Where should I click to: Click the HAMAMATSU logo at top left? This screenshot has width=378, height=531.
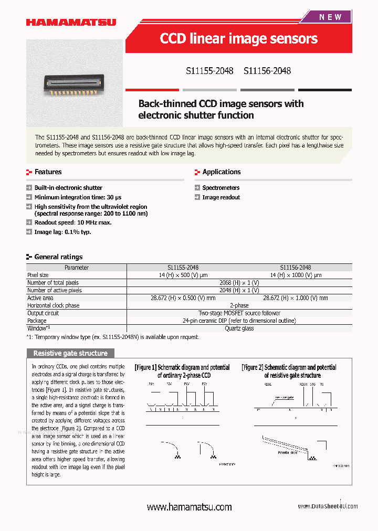click(x=71, y=22)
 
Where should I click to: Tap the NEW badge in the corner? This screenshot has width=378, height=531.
click(x=330, y=17)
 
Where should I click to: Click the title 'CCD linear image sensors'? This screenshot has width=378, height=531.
click(x=238, y=39)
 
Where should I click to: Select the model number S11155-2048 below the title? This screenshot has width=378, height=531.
click(x=209, y=71)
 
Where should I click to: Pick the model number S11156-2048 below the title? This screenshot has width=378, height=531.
click(x=267, y=71)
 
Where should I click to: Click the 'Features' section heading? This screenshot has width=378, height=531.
click(x=48, y=172)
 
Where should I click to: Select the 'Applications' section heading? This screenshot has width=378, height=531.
click(x=221, y=172)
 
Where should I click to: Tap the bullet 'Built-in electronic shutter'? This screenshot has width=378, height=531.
click(x=68, y=188)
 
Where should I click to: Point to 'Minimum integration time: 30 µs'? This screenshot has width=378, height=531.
click(x=78, y=197)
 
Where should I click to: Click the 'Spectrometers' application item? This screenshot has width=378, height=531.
click(x=220, y=188)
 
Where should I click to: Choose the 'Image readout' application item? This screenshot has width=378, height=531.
click(x=221, y=197)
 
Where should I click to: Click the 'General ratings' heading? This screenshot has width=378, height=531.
click(x=58, y=257)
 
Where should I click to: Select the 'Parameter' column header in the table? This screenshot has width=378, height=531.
click(x=76, y=268)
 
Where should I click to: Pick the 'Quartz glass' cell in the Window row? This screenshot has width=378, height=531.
click(x=239, y=328)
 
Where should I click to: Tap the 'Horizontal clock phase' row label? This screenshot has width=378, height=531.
click(x=54, y=305)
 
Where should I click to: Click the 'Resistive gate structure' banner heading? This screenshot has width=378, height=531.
click(x=70, y=353)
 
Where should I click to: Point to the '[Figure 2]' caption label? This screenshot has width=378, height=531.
click(x=252, y=368)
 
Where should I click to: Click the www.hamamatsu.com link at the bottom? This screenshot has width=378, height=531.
click(x=189, y=507)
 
